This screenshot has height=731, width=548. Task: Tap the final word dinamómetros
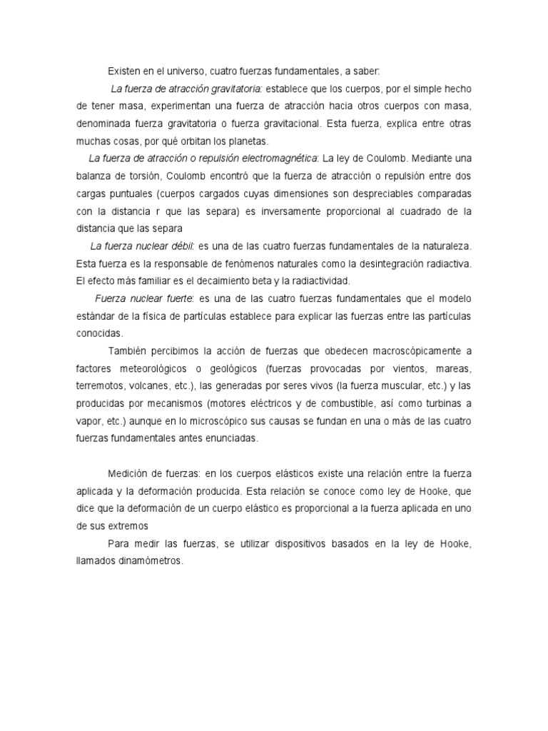(x=147, y=561)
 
